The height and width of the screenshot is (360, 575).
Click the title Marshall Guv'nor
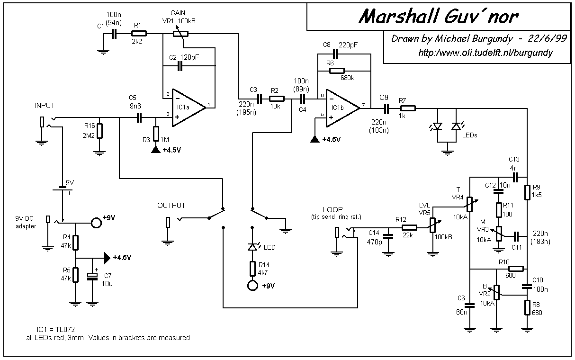[x=438, y=17]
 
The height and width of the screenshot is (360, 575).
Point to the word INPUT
[x=45, y=105]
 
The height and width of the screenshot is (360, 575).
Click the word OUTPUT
[x=171, y=206]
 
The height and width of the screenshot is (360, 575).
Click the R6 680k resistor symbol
[x=336, y=71]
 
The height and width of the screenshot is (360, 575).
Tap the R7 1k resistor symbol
[x=408, y=108]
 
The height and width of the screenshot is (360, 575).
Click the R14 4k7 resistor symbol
[x=253, y=268]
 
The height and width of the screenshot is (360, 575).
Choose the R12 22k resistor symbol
[x=408, y=227]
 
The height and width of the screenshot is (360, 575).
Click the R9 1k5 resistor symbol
[x=527, y=192]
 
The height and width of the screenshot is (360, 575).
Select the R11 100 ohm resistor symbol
[x=498, y=209]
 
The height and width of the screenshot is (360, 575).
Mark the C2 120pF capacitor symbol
[x=180, y=66]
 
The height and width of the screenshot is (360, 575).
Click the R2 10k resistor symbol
[x=277, y=99]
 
